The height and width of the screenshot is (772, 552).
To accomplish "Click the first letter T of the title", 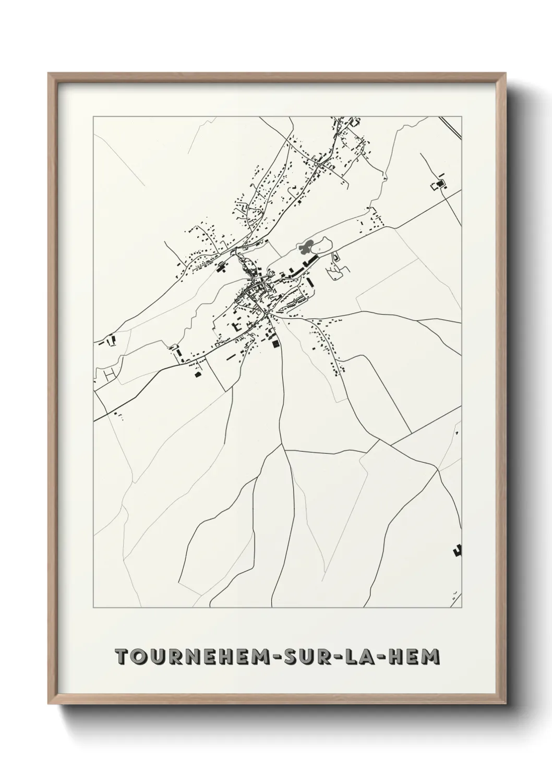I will pyautogui.click(x=121, y=656).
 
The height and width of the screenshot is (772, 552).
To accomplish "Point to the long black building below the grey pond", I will pyautogui.click(x=311, y=260).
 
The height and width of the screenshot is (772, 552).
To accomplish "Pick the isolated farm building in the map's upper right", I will pyautogui.click(x=439, y=184).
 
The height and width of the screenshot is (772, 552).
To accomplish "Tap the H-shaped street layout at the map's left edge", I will pyautogui.click(x=109, y=375).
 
